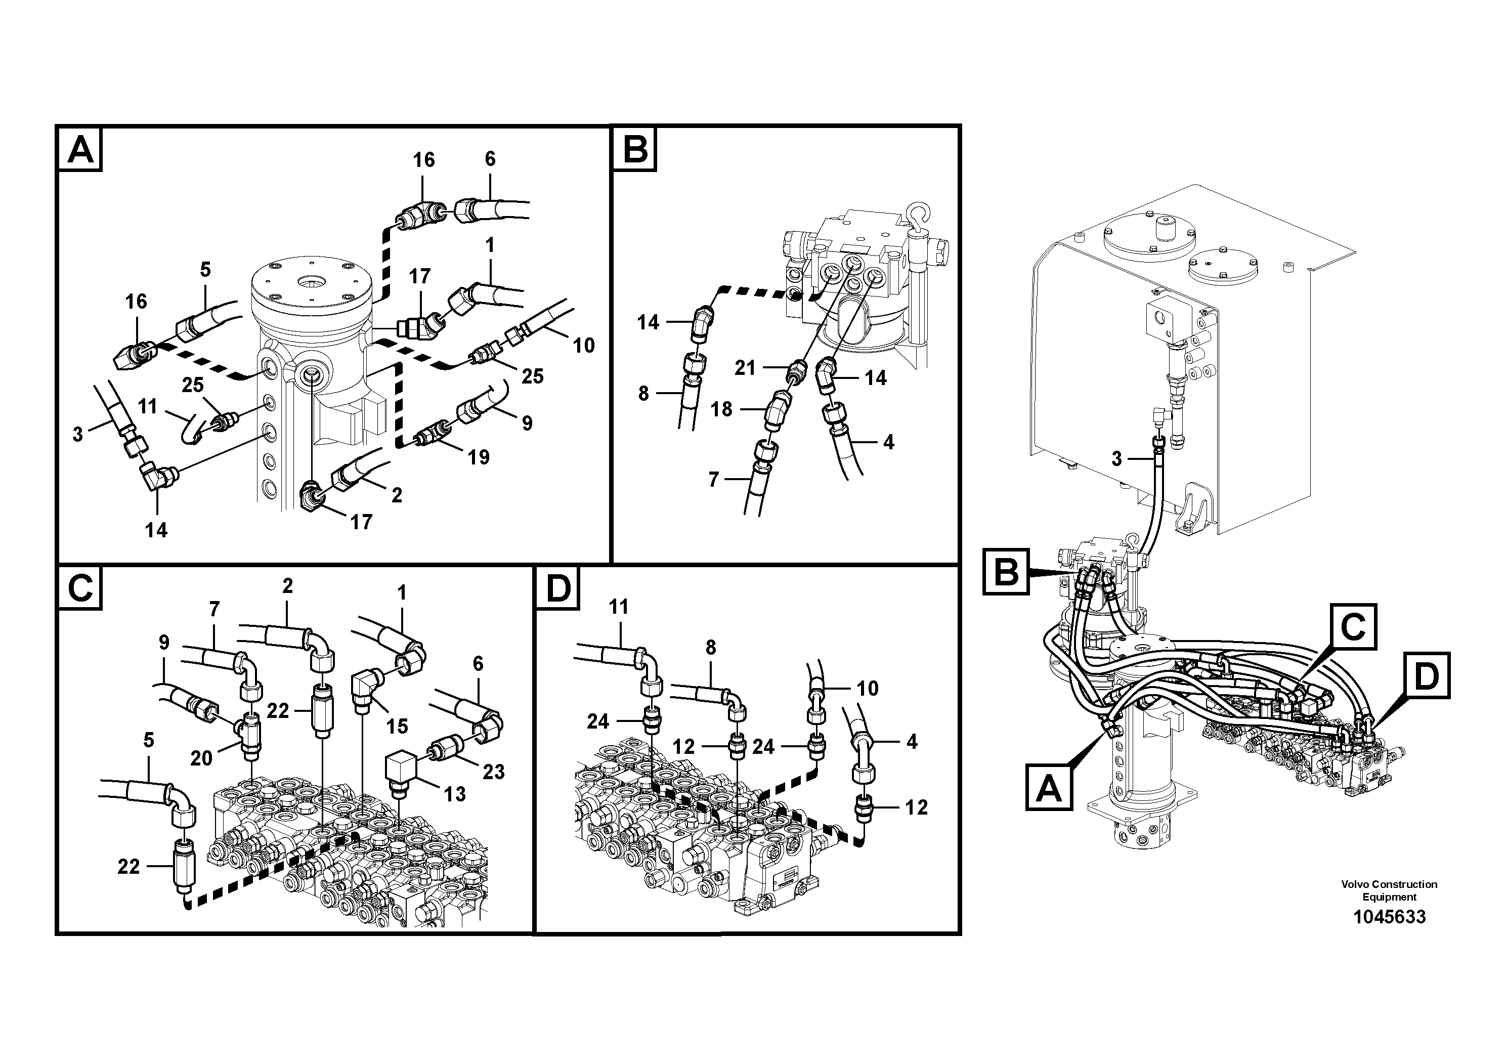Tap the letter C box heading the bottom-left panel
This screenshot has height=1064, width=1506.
pos(80,588)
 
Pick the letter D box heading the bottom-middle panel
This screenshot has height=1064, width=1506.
pos(558,588)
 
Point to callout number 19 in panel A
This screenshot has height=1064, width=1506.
pos(478,457)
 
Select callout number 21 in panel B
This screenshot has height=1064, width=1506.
pos(745,368)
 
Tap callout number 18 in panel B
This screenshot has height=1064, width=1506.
pos(721,409)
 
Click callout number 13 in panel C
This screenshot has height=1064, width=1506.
pos(455,794)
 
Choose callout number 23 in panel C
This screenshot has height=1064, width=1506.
pos(493,772)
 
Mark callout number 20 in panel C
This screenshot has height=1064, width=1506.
pos(201,758)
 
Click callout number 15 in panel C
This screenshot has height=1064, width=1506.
pos(397,726)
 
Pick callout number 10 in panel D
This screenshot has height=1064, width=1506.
pos(867,688)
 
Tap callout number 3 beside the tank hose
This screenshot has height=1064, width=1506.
pos(1116,458)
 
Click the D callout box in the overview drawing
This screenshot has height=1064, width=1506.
pos(1427,675)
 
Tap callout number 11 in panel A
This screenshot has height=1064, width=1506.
pos(148,407)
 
